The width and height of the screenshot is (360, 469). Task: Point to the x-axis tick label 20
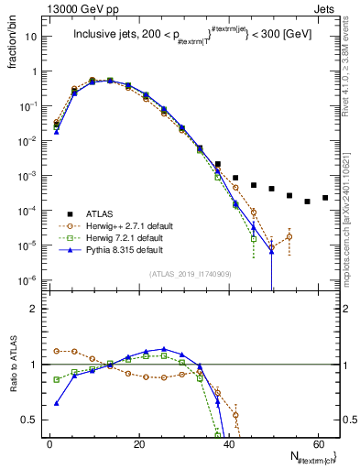tap(138, 443)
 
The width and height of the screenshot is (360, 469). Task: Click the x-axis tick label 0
tap(49, 443)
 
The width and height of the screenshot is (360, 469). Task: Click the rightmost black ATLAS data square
tap(325, 197)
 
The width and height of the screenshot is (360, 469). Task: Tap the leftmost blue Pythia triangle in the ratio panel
tap(57, 403)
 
